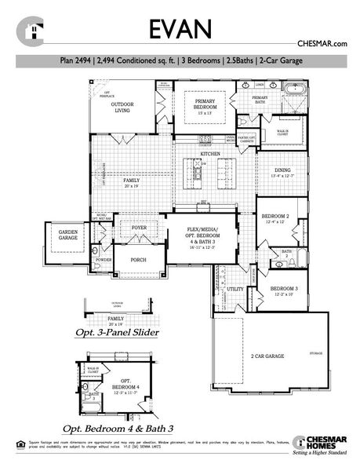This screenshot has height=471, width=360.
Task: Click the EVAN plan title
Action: click(180, 29)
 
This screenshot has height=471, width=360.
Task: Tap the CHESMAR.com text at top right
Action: click(322, 46)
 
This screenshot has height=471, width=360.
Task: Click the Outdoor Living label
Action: click(122, 107)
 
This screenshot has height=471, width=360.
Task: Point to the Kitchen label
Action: click(210, 153)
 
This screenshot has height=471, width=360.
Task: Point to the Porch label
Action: click(139, 259)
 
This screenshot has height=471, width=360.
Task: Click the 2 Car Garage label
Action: click(266, 356)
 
